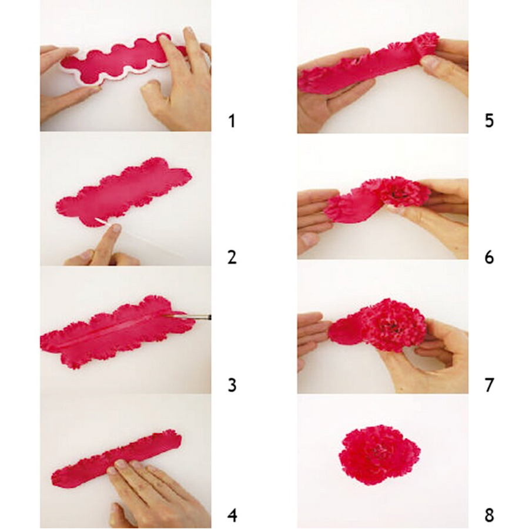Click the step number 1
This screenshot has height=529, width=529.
point(232,121)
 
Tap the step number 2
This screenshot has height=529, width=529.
point(232,257)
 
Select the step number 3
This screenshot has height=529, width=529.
point(232,385)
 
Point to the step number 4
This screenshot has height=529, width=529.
point(232,515)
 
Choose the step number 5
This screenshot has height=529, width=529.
point(489,121)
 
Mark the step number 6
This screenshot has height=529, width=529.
point(489,257)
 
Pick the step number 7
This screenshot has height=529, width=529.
point(489,385)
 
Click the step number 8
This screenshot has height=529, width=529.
point(489,515)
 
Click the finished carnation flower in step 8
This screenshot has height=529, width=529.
point(379,454)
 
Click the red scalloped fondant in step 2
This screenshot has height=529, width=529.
point(123,193)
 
